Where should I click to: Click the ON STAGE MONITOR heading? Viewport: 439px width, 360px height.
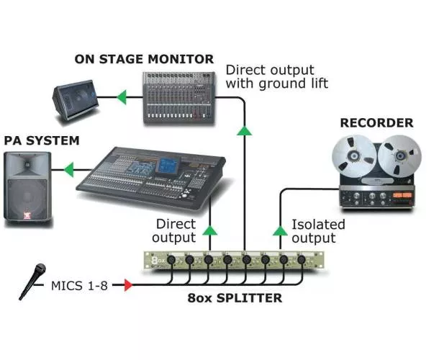click(144, 58)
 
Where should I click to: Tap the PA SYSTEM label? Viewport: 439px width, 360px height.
click(41, 140)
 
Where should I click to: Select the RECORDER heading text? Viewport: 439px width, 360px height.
click(376, 122)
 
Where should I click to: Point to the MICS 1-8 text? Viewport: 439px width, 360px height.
click(79, 286)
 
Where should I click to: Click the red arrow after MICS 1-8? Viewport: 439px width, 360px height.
click(127, 286)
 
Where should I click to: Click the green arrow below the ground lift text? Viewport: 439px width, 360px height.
click(245, 130)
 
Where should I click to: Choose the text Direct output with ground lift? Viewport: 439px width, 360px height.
click(276, 77)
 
